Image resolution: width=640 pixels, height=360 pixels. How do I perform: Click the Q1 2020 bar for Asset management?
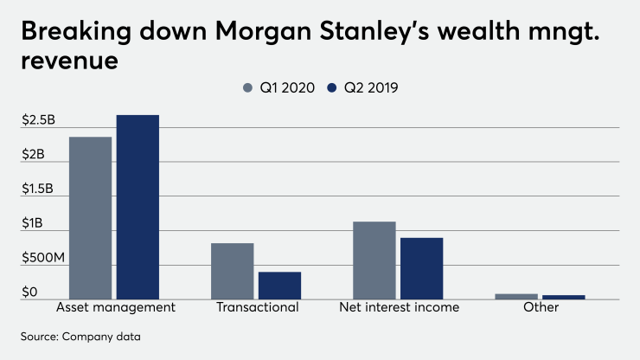click(x=90, y=218)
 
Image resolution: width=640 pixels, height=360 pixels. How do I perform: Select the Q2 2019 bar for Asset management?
click(x=138, y=207)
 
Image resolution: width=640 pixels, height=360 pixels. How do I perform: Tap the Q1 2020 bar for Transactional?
click(x=233, y=271)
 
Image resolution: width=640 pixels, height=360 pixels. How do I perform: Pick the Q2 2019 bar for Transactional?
click(x=279, y=286)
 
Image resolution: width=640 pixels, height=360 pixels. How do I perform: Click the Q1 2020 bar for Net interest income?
click(x=374, y=260)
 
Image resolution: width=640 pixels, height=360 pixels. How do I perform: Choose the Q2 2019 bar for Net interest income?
click(x=421, y=268)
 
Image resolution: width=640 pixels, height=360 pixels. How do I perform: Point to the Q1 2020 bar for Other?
click(x=516, y=297)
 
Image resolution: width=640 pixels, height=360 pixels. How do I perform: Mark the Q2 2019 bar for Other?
click(x=563, y=298)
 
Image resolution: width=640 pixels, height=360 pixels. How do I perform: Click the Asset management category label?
click(x=115, y=308)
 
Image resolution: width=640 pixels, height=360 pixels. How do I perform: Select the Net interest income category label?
click(x=399, y=308)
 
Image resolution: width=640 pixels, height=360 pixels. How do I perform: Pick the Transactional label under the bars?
click(x=256, y=308)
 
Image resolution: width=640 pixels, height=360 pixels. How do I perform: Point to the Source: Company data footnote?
click(x=76, y=335)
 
